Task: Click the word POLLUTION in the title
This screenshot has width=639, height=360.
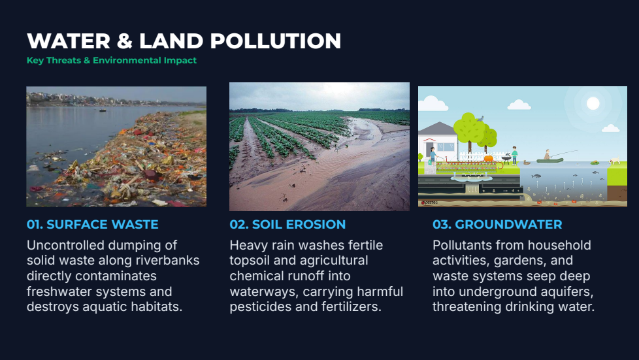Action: [276, 41]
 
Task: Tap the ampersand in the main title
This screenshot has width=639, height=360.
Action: [125, 41]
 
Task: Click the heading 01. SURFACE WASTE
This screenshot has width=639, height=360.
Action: [93, 224]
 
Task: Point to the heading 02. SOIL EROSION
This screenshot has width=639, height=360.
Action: [287, 224]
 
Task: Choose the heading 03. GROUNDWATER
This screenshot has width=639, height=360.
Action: [497, 224]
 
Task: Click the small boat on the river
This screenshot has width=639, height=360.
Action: [103, 110]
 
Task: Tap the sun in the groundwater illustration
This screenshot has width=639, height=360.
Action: [593, 103]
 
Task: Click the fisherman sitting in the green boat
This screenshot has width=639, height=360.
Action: [547, 154]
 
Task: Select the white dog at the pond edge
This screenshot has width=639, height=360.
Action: [615, 160]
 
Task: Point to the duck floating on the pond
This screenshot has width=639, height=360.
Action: [527, 162]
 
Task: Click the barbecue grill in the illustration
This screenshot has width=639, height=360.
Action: [506, 158]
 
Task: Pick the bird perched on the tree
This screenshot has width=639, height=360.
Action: [480, 118]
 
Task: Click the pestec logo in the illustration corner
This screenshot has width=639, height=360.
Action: [429, 203]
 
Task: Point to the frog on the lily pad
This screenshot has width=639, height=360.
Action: [595, 162]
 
